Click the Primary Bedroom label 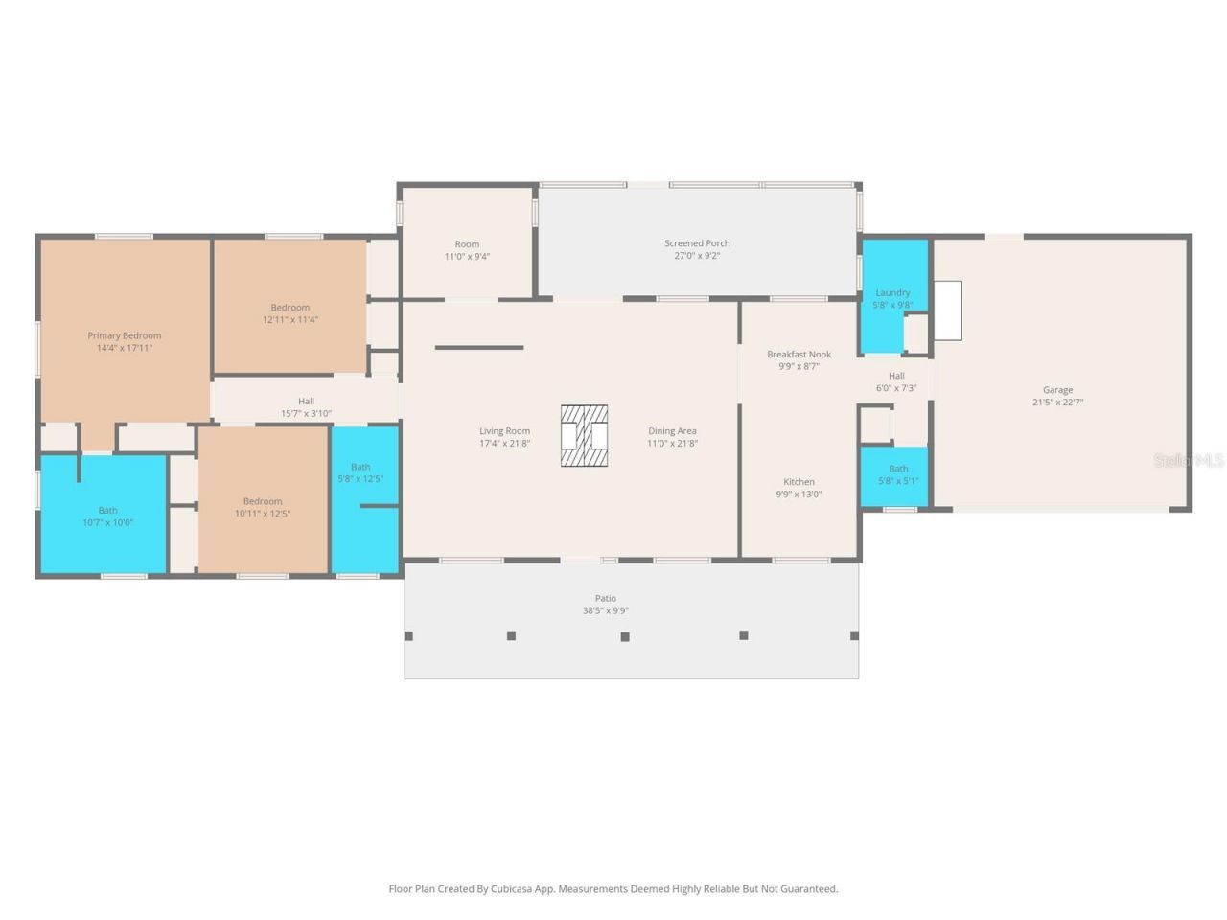[x=125, y=335]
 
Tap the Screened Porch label [x=697, y=243]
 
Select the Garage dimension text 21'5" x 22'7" [x=1057, y=402]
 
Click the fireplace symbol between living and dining [x=585, y=436]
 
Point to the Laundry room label [x=892, y=292]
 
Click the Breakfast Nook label [x=799, y=355]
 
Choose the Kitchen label [x=799, y=482]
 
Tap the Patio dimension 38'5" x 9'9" [x=606, y=610]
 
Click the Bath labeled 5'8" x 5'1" [x=898, y=475]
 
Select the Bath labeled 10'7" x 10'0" [x=107, y=517]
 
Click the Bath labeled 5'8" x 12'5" [x=360, y=472]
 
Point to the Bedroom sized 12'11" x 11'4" [x=289, y=313]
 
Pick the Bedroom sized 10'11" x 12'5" [x=263, y=507]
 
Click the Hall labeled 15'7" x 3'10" [x=306, y=407]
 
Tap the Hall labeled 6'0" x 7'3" [x=896, y=381]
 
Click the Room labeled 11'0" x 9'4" [x=467, y=250]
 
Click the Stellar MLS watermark [x=1189, y=460]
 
